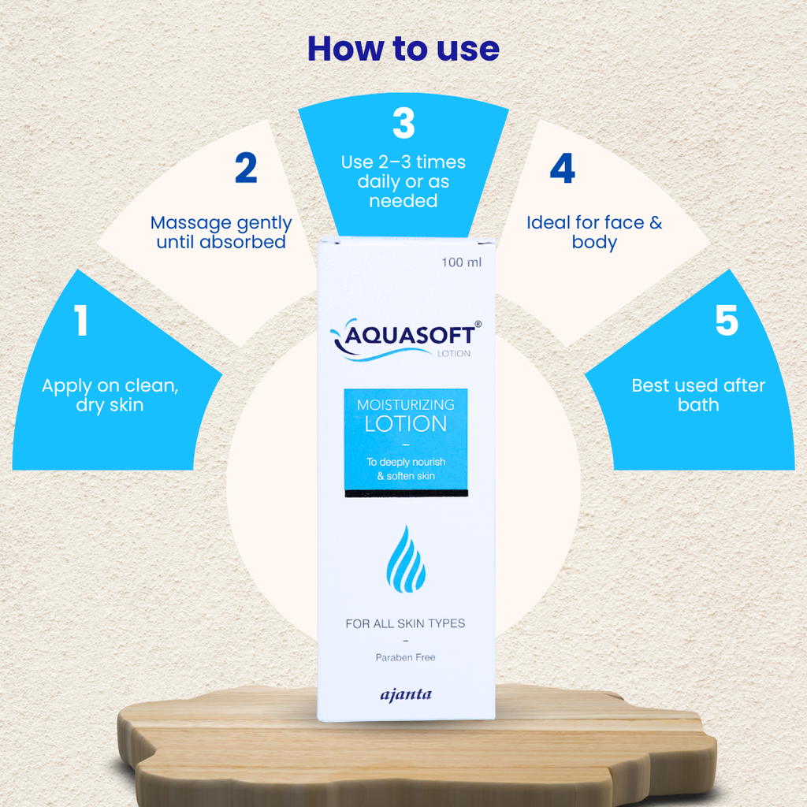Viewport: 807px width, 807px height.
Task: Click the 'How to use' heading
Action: (x=403, y=49)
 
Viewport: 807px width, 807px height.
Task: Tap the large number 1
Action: (x=81, y=320)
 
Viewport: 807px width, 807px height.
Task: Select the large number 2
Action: (x=246, y=168)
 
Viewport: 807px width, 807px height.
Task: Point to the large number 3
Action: (x=403, y=123)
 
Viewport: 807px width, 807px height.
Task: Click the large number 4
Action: (x=562, y=168)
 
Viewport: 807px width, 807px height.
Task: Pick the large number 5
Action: (x=727, y=320)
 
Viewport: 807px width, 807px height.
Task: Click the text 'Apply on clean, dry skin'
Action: (x=110, y=395)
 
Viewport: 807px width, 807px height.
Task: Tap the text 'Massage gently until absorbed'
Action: (x=221, y=232)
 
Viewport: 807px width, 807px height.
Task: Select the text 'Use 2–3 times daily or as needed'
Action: (x=403, y=181)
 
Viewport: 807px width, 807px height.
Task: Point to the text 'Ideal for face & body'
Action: (x=594, y=232)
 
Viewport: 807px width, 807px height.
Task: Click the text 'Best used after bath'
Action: (x=698, y=395)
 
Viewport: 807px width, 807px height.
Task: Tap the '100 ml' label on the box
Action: (x=462, y=262)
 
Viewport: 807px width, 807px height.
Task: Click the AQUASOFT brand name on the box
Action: (x=409, y=336)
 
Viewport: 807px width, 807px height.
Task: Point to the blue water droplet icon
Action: (x=406, y=559)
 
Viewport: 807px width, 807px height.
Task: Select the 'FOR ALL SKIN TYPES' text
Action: (x=406, y=624)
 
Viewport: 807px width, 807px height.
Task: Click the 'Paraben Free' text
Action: (x=406, y=657)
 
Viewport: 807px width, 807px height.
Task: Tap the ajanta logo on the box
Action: (x=406, y=695)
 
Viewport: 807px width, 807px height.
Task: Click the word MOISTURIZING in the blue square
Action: (x=406, y=405)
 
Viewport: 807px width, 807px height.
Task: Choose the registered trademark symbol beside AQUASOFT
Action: (x=478, y=324)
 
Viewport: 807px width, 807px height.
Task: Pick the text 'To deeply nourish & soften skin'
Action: (x=406, y=469)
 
